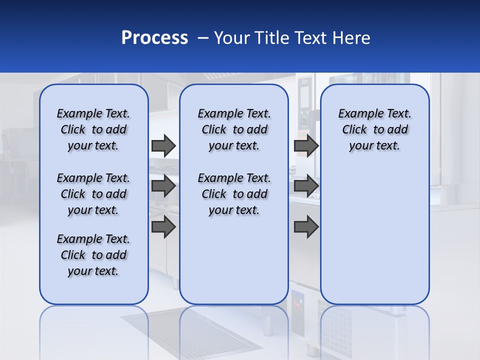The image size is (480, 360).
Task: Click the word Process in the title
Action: coord(154,38)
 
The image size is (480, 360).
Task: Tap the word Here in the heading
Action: coord(351,38)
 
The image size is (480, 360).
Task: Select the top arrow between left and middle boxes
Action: coord(163,145)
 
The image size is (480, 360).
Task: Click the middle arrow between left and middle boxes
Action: coord(163,186)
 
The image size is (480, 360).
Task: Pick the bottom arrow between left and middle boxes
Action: coord(163,227)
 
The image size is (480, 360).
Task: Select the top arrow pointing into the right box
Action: coord(306,145)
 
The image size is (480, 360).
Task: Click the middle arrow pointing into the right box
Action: coord(306,186)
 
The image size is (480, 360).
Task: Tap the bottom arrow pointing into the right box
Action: coord(306,227)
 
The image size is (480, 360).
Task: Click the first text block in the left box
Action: coord(93,129)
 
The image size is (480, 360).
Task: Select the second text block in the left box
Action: coord(93,194)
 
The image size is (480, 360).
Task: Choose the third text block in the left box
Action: coord(93,255)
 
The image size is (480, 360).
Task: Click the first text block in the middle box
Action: coord(234,129)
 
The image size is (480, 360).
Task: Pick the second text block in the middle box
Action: coord(234,194)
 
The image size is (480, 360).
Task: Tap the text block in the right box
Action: coord(374,129)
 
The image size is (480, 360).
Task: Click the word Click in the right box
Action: coord(354,129)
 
